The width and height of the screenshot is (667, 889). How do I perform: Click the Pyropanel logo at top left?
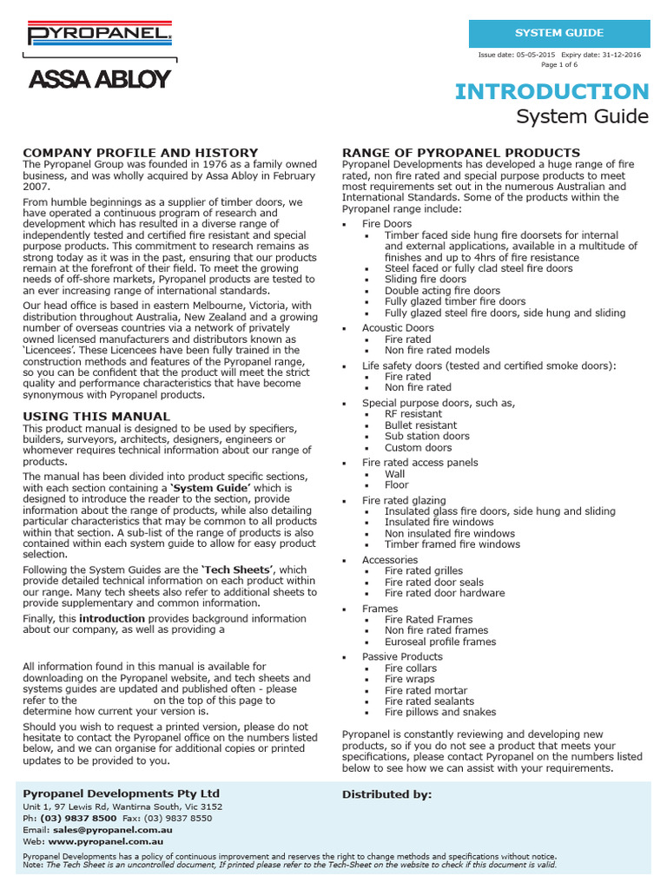tap(100, 35)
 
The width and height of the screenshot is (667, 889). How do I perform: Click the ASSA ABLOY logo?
tap(100, 80)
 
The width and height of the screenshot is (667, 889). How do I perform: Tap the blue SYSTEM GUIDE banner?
tap(558, 33)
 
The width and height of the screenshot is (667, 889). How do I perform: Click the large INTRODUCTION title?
tap(551, 91)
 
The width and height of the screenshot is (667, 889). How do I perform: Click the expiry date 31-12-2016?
tap(624, 55)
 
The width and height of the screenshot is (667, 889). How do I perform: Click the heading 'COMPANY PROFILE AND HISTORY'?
tap(140, 152)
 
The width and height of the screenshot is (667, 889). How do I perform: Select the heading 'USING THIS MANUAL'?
tap(96, 417)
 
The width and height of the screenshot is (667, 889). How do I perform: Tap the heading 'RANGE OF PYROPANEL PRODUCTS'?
tap(461, 152)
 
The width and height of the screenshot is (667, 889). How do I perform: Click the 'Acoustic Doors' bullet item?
tap(397, 328)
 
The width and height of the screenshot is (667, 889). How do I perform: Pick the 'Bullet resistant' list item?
tap(420, 425)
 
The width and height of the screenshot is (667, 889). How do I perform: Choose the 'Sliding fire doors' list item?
tap(426, 280)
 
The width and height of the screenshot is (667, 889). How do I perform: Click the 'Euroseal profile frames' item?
tap(440, 642)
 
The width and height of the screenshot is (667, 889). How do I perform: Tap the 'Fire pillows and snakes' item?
tap(440, 712)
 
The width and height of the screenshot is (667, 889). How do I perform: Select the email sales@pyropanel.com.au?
tap(109, 830)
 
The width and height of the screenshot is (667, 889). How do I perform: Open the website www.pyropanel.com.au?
tap(109, 841)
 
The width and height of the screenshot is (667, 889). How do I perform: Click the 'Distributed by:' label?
tap(386, 794)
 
